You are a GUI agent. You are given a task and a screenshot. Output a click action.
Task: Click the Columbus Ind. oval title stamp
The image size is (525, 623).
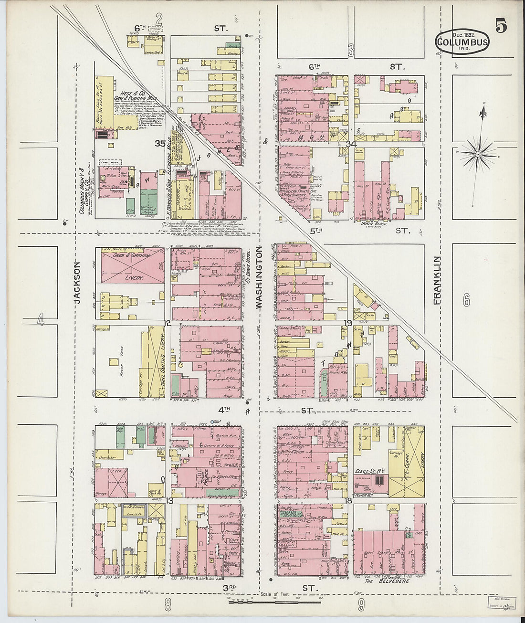[462, 42]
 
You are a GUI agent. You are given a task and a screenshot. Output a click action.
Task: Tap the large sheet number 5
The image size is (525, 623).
[501, 26]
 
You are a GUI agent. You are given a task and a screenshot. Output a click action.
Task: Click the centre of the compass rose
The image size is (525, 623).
[478, 155]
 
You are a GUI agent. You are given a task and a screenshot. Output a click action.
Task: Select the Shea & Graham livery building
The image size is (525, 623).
[131, 266]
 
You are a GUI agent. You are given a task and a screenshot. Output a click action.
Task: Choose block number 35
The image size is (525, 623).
[159, 143]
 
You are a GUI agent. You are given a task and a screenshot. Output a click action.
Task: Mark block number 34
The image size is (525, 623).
[352, 144]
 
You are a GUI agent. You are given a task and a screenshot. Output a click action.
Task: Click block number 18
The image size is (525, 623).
[348, 500]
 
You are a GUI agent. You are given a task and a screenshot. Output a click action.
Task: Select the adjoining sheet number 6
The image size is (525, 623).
[466, 300]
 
